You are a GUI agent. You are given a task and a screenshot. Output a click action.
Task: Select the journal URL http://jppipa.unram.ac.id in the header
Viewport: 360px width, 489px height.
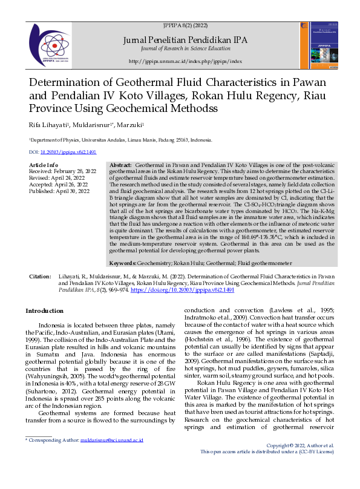pos(186,61)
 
